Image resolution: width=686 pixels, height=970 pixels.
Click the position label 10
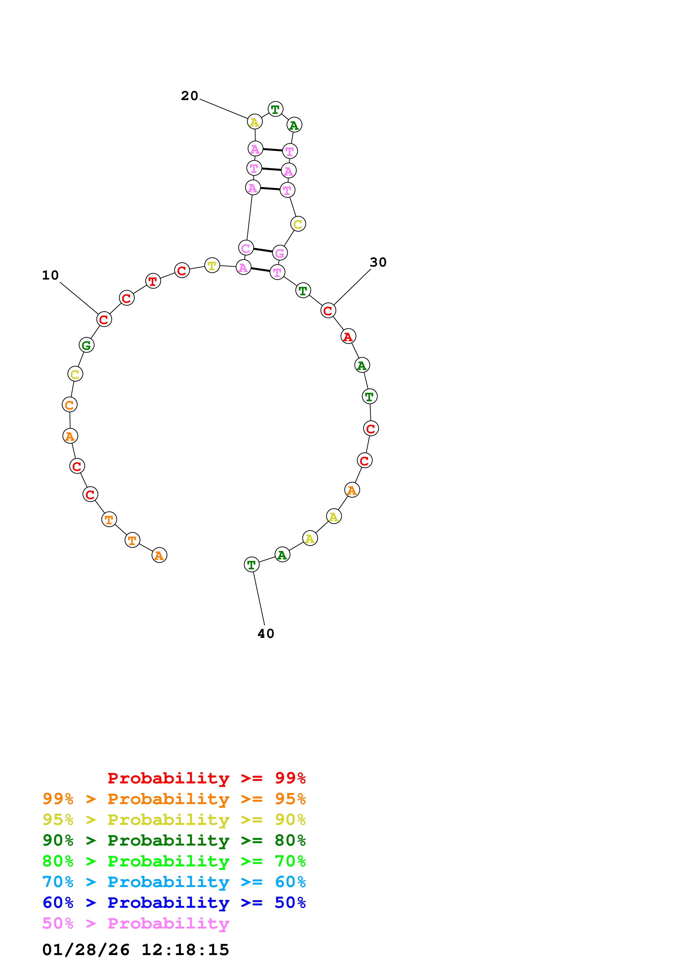[x=50, y=275]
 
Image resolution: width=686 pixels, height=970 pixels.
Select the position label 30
[x=378, y=262]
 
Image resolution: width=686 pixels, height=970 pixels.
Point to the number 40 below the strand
[x=266, y=634]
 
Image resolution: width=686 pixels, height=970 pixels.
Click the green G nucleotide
[x=87, y=345]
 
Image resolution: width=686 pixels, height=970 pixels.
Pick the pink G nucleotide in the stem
[x=280, y=253]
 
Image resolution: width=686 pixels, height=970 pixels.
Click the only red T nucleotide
[x=153, y=281]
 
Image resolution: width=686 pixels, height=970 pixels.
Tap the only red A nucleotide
[x=348, y=337]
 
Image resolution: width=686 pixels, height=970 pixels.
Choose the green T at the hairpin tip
[x=276, y=109]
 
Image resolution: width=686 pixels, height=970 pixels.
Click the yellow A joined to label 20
[x=255, y=122]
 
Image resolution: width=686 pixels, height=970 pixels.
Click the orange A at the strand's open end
[x=159, y=555]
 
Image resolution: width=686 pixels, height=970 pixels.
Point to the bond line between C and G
[x=263, y=251]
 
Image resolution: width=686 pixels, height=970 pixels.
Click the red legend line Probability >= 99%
[x=207, y=778]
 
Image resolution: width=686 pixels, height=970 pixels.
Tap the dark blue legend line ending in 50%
[x=174, y=903]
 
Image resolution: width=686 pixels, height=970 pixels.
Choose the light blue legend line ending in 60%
[x=174, y=882]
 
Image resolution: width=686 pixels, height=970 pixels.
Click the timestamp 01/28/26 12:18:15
[x=136, y=950]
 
